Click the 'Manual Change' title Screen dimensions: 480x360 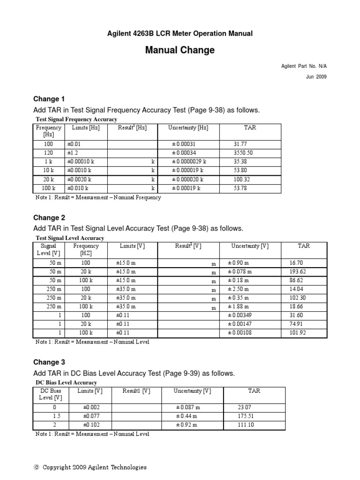tap(180, 50)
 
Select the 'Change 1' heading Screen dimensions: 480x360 tap(49, 99)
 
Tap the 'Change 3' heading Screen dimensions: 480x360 tap(49, 362)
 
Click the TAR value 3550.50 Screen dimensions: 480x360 tap(243, 153)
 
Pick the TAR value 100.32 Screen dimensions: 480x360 tap(243, 180)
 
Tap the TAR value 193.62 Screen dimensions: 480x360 tap(298, 272)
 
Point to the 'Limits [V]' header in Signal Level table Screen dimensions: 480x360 tap(132, 246)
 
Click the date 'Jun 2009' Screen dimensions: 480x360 tap(316, 77)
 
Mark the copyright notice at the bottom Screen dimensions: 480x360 tap(90, 467)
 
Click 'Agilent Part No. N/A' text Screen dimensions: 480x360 tap(303, 67)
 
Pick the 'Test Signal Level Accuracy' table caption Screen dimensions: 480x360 tap(70, 238)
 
